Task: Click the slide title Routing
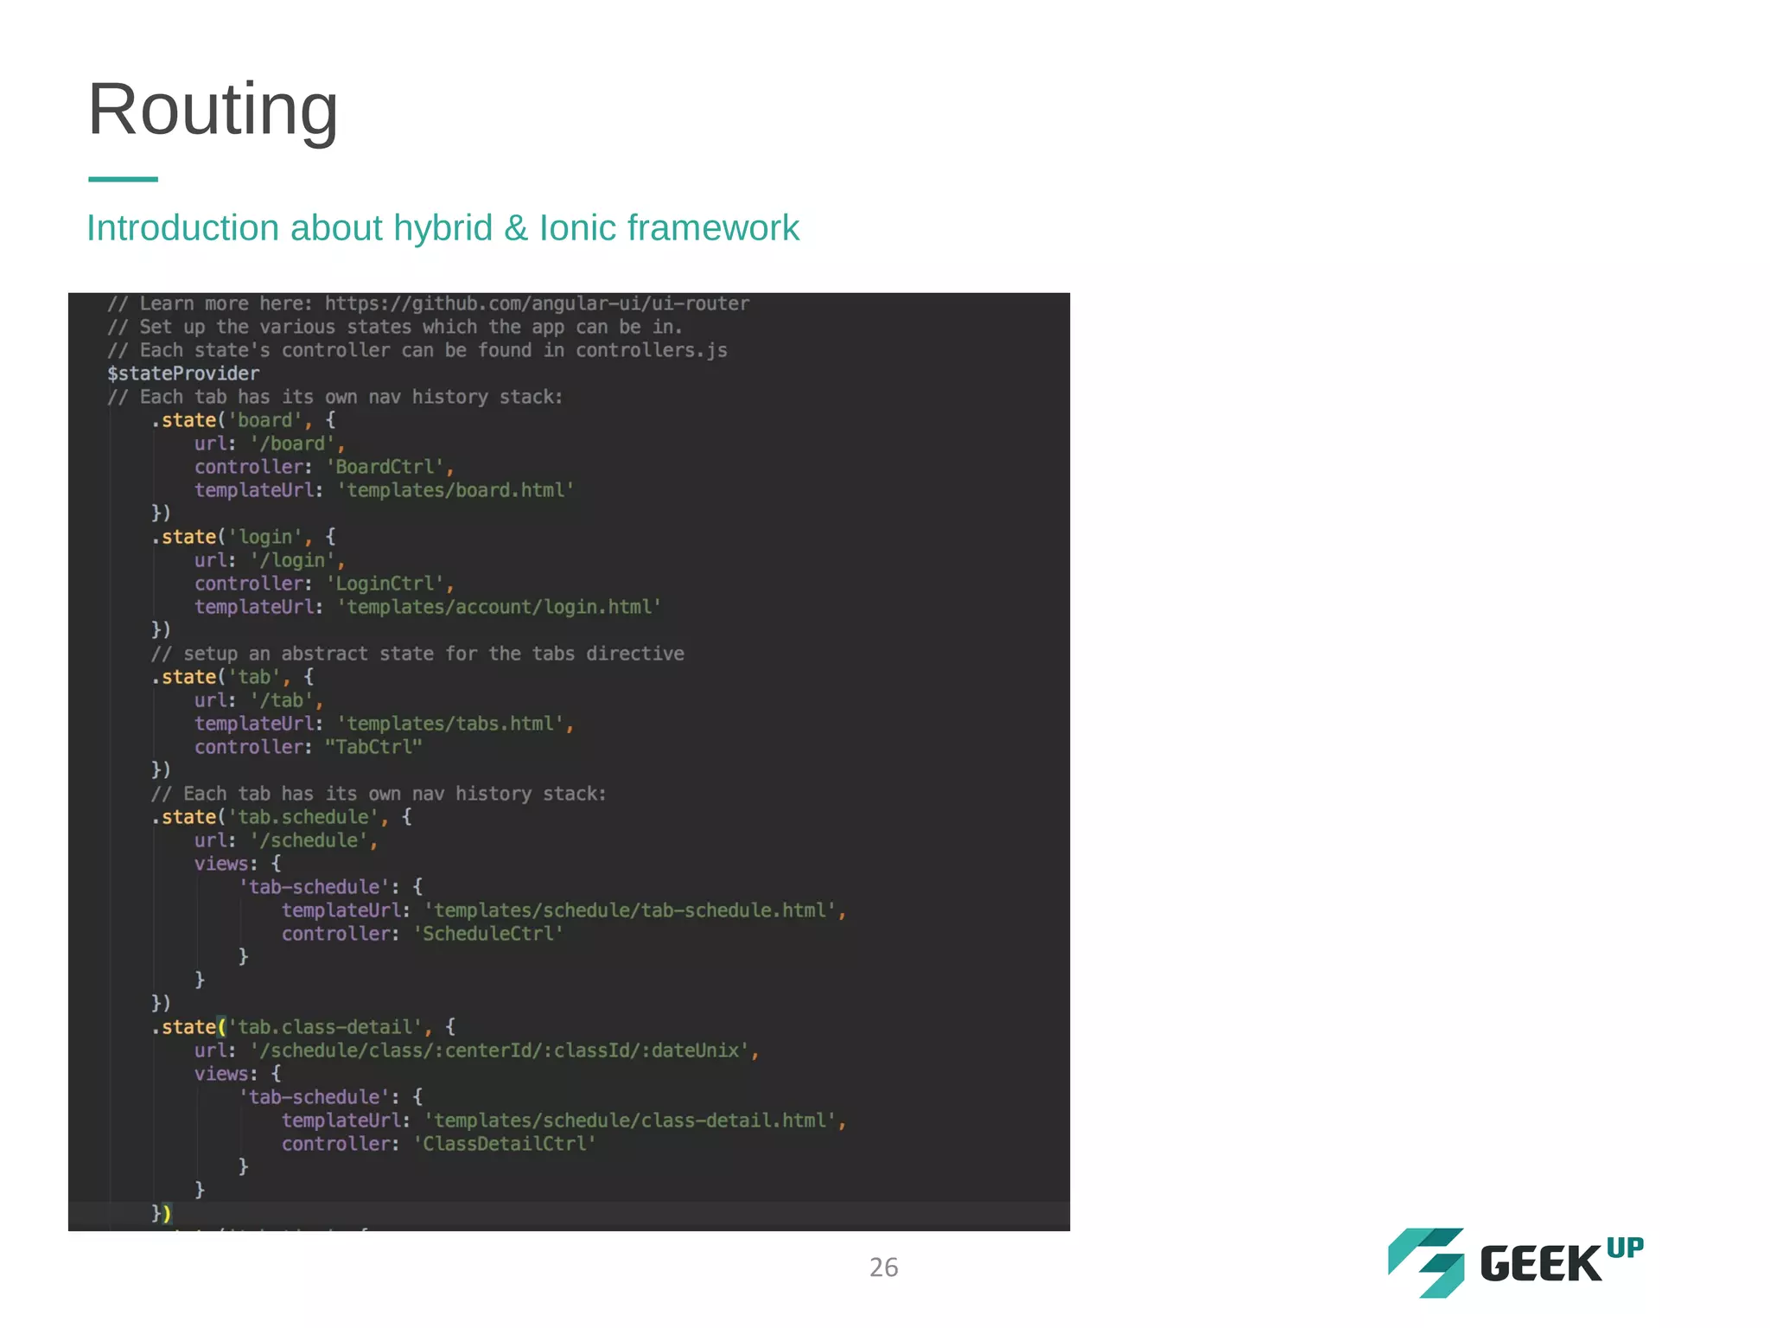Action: tap(213, 110)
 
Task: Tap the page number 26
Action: tap(883, 1267)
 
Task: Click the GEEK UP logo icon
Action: tap(1426, 1262)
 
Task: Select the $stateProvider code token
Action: tap(183, 373)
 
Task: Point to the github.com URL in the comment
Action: tap(537, 303)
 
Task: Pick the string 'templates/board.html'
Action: tap(455, 490)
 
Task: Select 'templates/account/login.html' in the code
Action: tap(500, 607)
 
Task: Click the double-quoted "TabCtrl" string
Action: tap(373, 747)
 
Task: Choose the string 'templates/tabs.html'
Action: tap(450, 724)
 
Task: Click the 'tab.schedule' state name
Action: tap(303, 817)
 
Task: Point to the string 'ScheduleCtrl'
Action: tap(488, 934)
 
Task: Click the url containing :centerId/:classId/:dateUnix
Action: tap(500, 1050)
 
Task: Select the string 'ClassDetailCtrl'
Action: tap(505, 1144)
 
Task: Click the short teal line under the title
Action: tap(123, 179)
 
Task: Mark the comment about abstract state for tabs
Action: tap(417, 654)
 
